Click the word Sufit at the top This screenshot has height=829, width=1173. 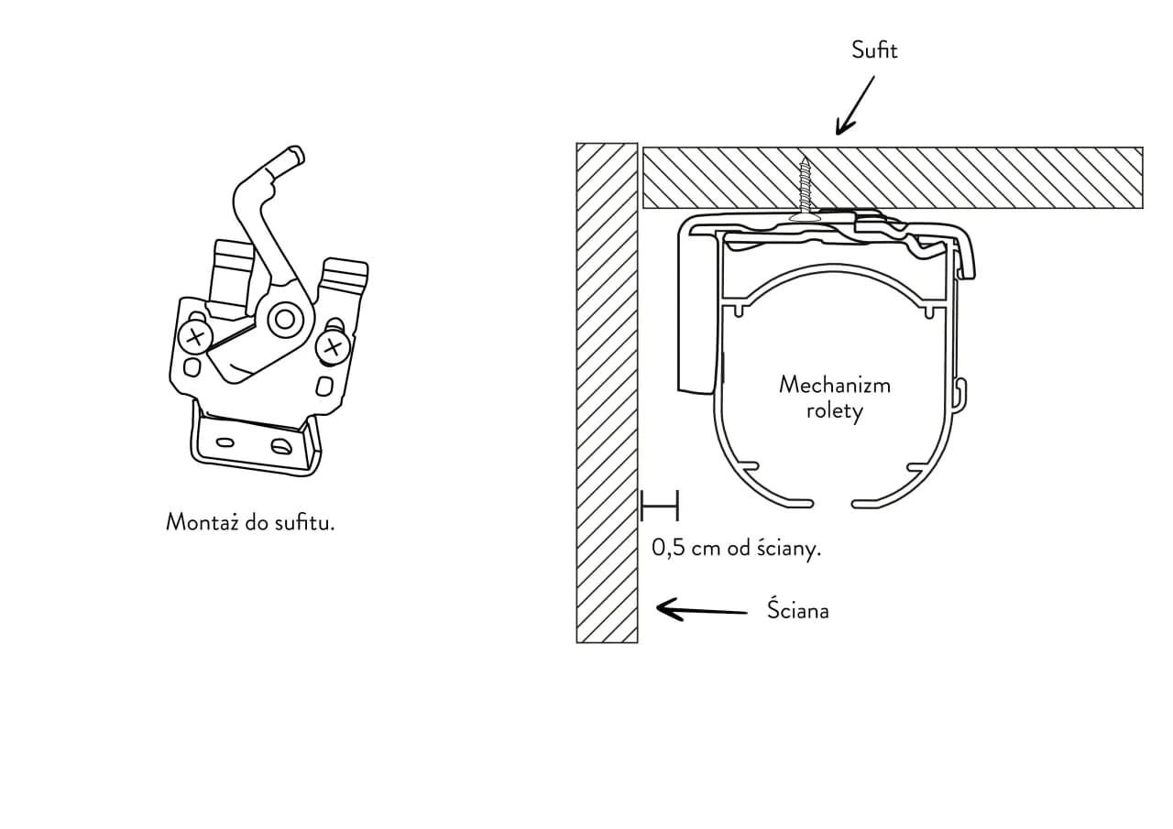[x=874, y=50]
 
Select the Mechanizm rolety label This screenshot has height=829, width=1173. [x=834, y=397]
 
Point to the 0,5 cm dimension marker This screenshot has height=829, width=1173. [x=659, y=505]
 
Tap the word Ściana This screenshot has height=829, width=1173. [x=797, y=610]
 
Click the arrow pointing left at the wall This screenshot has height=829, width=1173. [x=702, y=610]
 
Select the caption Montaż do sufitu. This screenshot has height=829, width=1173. [x=250, y=522]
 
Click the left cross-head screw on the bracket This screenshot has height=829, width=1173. [x=194, y=337]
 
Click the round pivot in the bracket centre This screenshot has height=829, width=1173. [x=285, y=319]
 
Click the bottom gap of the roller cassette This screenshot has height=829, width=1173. [x=833, y=503]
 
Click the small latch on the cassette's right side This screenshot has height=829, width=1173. [x=959, y=391]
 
